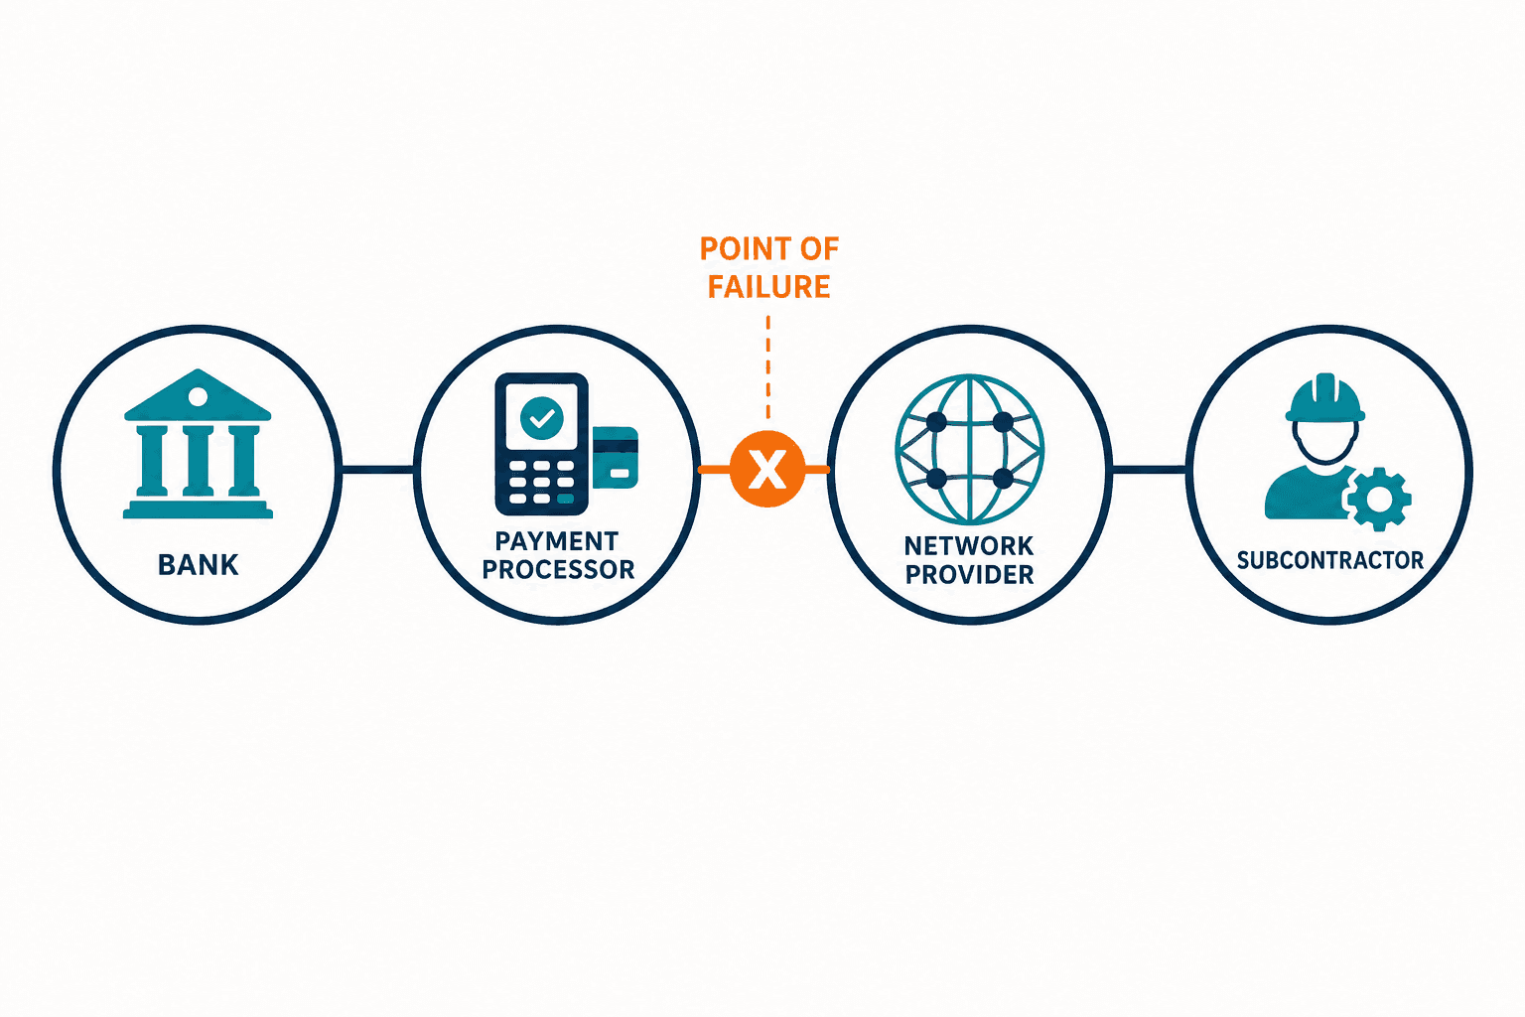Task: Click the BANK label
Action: click(x=199, y=565)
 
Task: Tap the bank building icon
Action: click(x=198, y=444)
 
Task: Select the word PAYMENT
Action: click(x=556, y=541)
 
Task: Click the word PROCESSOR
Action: click(x=558, y=569)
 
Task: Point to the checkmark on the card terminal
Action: click(x=542, y=418)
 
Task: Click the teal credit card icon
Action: click(x=616, y=457)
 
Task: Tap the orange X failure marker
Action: click(x=767, y=470)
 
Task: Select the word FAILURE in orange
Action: click(x=768, y=287)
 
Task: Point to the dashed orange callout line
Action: click(x=767, y=367)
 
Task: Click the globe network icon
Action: click(x=969, y=450)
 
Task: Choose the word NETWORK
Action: click(x=969, y=545)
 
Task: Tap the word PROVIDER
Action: click(x=969, y=574)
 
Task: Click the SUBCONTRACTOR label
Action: click(x=1330, y=560)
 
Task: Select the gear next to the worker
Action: click(x=1379, y=500)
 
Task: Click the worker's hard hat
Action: click(x=1324, y=398)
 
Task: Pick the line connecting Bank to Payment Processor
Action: click(x=376, y=470)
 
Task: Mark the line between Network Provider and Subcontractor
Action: click(x=1149, y=470)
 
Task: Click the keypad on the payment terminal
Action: click(x=542, y=482)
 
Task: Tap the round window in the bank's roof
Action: click(x=198, y=396)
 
